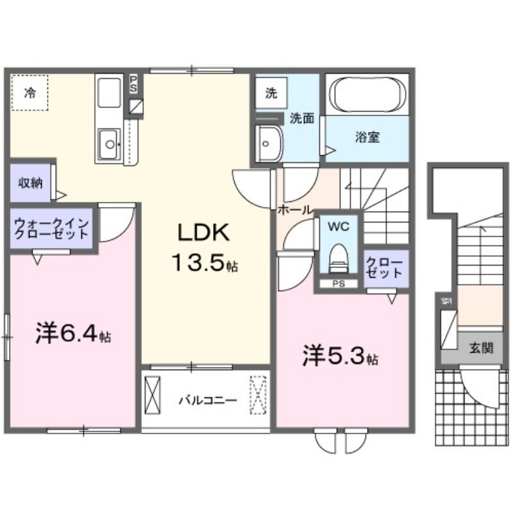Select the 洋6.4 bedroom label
point(72,334)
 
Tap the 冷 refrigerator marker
point(29,93)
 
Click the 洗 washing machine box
point(271,94)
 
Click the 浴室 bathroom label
point(367,137)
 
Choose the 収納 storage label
point(29,183)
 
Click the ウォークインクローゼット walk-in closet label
point(52,228)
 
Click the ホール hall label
point(294,210)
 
